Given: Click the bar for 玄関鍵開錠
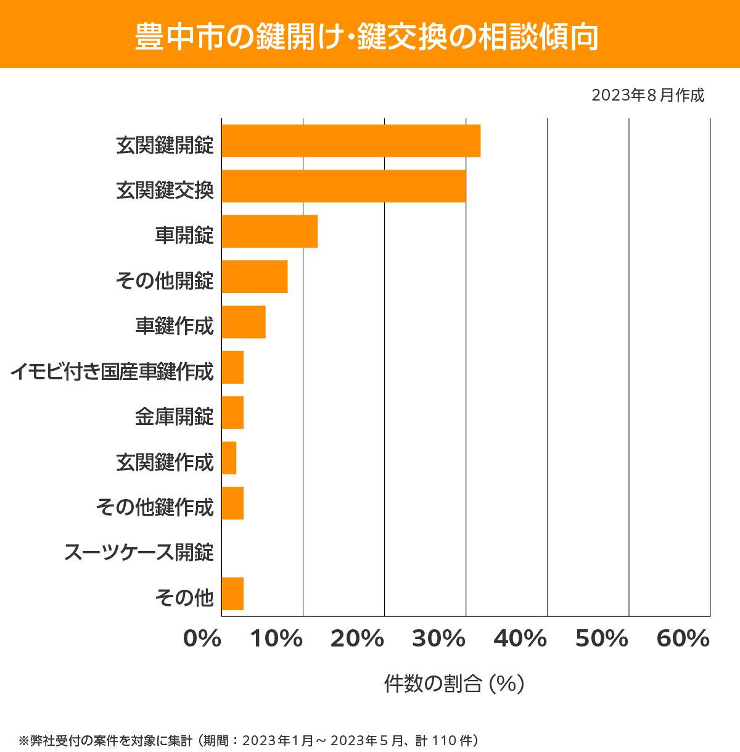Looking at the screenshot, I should (351, 141).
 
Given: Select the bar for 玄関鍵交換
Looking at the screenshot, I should (343, 186).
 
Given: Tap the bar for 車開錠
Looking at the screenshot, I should (269, 231).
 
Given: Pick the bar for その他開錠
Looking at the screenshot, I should (255, 276).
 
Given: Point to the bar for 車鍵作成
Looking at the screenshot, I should (244, 322).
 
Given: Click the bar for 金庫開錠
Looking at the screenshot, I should (232, 412).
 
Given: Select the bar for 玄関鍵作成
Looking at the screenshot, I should (229, 458).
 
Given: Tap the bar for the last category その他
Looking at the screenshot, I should (232, 593).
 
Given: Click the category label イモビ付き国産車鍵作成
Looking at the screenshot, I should (112, 372).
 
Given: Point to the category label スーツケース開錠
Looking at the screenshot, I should (139, 552).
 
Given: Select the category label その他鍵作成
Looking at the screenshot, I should (155, 507).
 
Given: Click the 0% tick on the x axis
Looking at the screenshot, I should (202, 639).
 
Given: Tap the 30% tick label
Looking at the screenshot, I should (438, 639).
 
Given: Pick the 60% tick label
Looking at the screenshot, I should (683, 639).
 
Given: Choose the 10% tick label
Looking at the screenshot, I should (276, 639).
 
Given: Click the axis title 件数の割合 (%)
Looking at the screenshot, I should (454, 684).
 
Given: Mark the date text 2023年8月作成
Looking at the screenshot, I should (647, 96).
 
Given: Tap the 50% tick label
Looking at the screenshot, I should (601, 639).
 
